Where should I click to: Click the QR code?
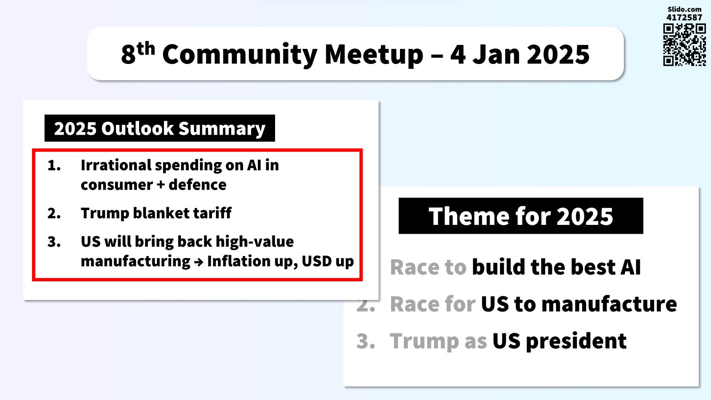(x=684, y=45)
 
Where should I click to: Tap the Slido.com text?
(x=684, y=9)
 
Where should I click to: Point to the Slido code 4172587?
(x=684, y=17)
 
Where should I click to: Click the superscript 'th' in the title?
(x=146, y=48)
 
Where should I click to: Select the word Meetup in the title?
(x=374, y=55)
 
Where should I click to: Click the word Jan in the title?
(x=496, y=54)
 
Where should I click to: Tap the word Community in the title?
(x=240, y=55)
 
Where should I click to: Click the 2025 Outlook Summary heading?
(x=160, y=128)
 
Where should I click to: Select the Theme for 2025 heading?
(x=521, y=216)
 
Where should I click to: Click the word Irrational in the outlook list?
(x=116, y=165)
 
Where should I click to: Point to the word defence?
(x=197, y=185)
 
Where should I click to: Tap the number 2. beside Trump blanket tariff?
(x=54, y=213)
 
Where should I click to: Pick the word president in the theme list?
(x=575, y=342)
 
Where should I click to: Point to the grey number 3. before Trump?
(x=366, y=341)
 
